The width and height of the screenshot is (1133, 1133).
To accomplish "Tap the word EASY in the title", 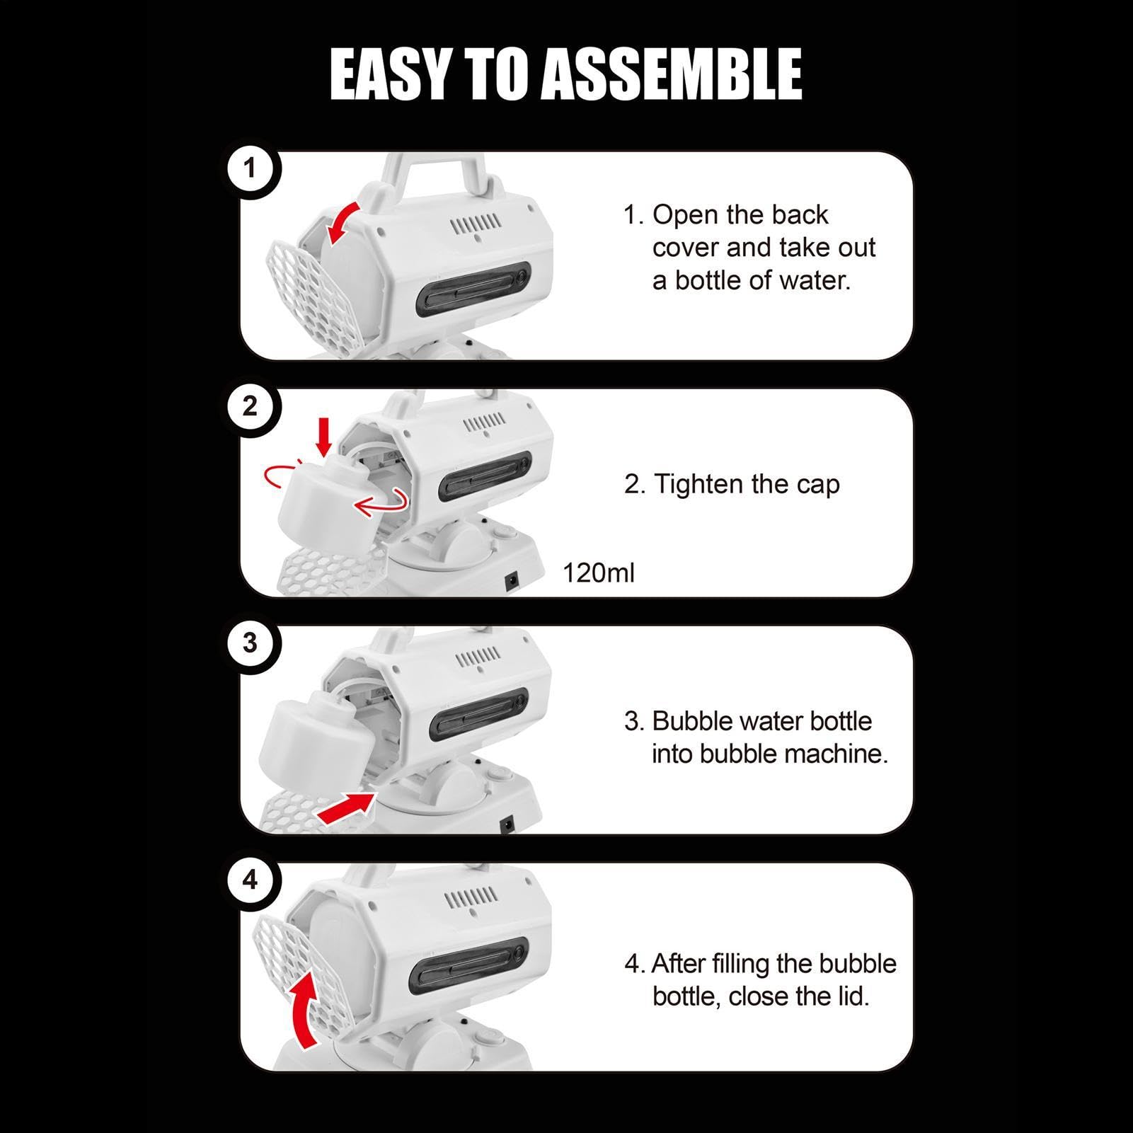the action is click(x=389, y=74).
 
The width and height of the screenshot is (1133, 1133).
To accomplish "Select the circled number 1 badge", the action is click(x=249, y=169).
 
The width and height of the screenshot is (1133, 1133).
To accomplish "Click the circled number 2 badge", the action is click(x=249, y=406).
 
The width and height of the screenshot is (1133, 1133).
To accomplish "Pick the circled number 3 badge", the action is click(x=249, y=643).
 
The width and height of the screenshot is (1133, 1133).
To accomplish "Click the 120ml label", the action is click(x=599, y=573).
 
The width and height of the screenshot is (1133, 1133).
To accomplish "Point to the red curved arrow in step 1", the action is click(x=341, y=221).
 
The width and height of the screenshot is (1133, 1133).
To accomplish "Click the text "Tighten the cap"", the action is click(x=747, y=484).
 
